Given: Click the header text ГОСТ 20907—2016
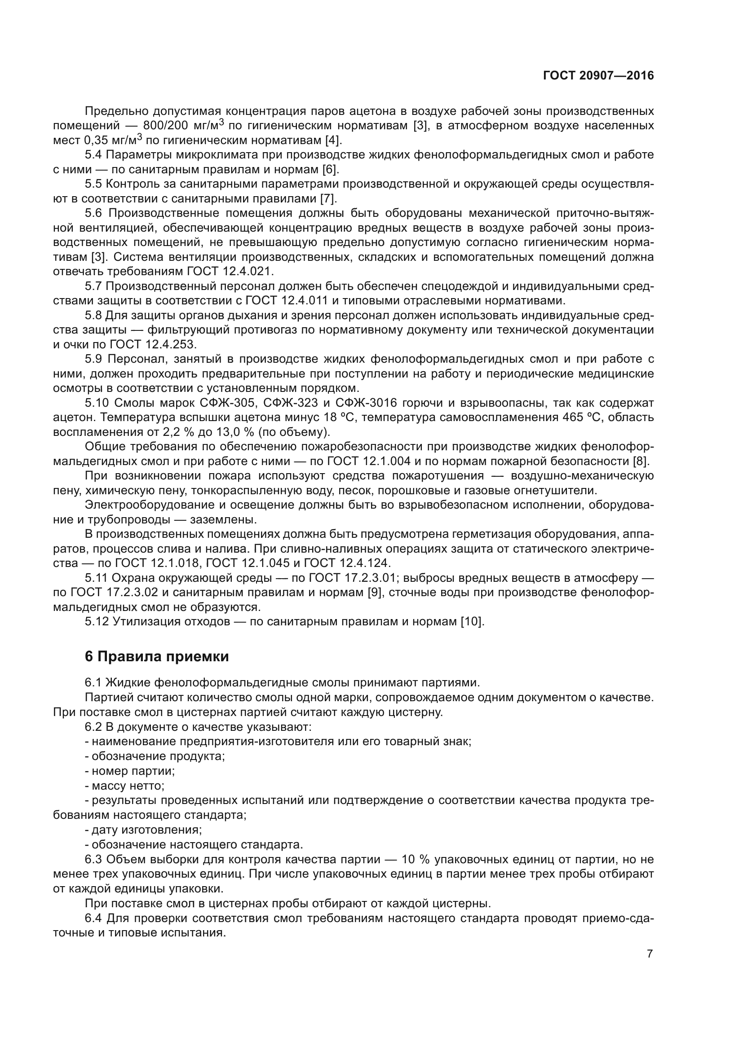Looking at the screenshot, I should tap(598, 75).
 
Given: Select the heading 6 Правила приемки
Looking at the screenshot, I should tap(156, 657).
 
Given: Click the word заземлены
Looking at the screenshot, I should tap(223, 519).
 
